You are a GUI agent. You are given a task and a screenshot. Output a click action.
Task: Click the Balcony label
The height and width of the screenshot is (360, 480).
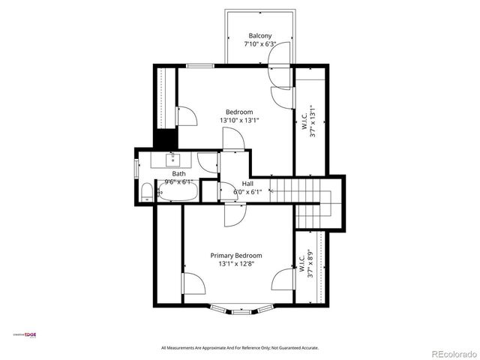[x=260, y=35]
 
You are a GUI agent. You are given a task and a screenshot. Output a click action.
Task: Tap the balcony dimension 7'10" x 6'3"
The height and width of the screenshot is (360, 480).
[x=260, y=44]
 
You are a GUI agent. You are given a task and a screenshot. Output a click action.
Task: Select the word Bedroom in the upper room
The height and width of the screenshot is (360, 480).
[x=239, y=112]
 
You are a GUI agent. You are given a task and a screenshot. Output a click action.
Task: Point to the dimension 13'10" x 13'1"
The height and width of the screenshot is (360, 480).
[x=239, y=120]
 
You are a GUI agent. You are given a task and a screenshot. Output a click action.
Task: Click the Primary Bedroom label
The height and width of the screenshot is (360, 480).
[x=235, y=255]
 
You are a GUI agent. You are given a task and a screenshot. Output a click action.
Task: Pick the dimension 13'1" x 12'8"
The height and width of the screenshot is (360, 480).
[x=235, y=263]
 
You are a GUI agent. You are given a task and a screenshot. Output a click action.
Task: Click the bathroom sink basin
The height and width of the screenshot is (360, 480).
[x=172, y=159]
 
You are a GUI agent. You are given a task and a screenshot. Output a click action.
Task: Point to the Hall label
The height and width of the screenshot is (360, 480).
[x=247, y=184]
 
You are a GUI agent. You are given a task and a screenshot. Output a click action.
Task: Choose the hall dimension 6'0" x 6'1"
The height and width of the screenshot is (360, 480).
[x=247, y=192]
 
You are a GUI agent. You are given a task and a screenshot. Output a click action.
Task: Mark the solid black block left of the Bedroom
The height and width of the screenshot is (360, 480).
[x=164, y=139]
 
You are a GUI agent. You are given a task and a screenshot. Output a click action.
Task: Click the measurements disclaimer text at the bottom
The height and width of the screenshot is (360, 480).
[x=240, y=347]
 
